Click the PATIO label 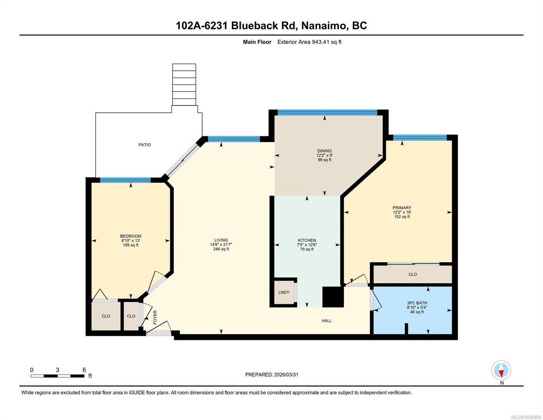point(144,145)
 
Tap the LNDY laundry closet point(284,292)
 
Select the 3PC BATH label point(417,303)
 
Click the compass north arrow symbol point(501,370)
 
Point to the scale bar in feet point(57,376)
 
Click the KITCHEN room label point(307,240)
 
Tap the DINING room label point(324,151)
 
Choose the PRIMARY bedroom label point(402,208)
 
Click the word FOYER point(155,317)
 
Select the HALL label point(327,321)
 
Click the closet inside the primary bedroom point(413,274)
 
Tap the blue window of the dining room point(327,112)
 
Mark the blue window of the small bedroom point(125,180)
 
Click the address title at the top point(271,26)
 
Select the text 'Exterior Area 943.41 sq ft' point(309,42)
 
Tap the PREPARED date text point(271,374)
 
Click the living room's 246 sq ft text point(221,249)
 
